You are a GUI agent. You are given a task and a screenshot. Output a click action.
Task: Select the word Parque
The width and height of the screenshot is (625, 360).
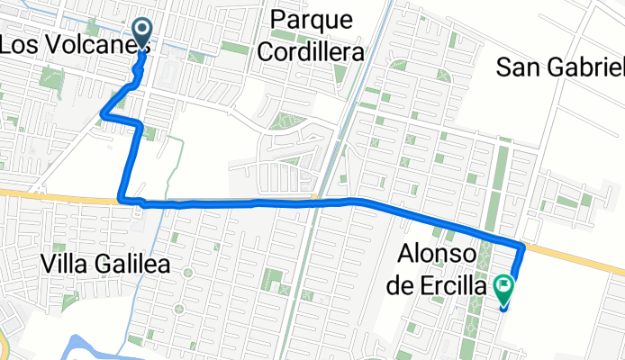pyautogui.click(x=309, y=19)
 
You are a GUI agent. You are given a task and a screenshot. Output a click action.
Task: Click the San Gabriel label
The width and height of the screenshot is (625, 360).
pyautogui.click(x=560, y=67)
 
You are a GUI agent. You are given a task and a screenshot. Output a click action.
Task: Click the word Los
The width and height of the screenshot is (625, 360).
pyautogui.click(x=16, y=44)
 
